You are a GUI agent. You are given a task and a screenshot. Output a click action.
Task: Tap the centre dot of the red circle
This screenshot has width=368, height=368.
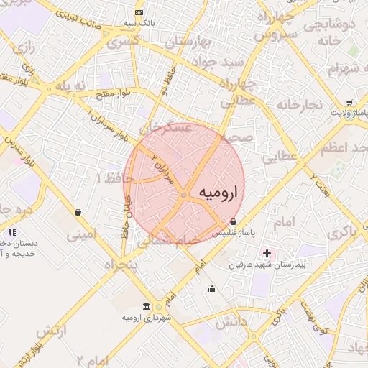pos(184,195)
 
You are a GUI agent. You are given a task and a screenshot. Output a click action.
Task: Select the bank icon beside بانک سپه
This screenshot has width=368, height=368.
pos(139,12)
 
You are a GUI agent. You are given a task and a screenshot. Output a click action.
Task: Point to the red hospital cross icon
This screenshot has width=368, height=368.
pos(267,253)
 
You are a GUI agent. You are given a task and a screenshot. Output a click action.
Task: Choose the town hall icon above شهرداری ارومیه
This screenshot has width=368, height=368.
pos(147,305)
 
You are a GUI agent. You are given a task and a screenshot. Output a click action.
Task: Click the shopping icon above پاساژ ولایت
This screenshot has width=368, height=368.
pos(349,102)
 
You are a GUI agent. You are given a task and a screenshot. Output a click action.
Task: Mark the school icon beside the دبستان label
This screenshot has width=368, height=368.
pos(12,231)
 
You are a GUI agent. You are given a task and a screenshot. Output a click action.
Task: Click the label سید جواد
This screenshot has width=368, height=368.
pos(220,63)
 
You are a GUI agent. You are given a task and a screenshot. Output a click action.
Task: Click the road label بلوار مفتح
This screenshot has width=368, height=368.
pos(99,93)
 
